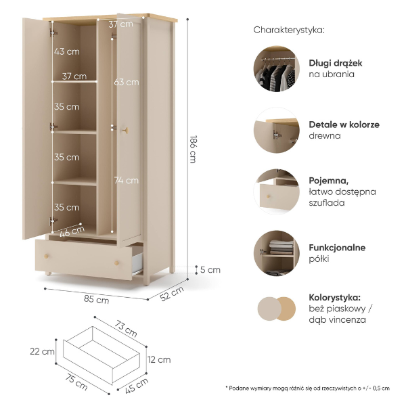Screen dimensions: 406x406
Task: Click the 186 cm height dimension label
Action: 193,149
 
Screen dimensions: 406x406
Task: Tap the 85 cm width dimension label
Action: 96,299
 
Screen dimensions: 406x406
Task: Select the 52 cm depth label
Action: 172,294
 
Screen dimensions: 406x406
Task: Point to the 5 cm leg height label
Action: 210,270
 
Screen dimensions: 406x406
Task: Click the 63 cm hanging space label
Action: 127,83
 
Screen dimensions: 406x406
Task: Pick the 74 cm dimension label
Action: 127,180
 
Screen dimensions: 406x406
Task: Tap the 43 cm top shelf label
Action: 67,51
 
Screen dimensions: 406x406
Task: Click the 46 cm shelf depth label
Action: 72,231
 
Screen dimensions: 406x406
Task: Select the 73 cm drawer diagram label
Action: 126,329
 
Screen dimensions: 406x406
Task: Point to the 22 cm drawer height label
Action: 42,352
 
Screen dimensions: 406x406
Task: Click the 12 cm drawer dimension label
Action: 159,360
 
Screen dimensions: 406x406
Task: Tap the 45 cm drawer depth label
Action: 137,386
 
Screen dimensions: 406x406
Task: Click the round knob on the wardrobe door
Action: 126,130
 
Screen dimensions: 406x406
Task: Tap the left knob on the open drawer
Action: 46,256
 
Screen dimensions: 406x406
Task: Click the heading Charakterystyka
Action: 289,30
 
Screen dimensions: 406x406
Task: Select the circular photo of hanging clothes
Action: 277,68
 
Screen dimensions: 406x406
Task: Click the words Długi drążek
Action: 336,64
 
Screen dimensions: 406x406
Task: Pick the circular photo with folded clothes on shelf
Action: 277,253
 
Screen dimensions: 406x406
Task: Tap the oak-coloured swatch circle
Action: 286,309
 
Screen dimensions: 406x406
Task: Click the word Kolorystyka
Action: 334,298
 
